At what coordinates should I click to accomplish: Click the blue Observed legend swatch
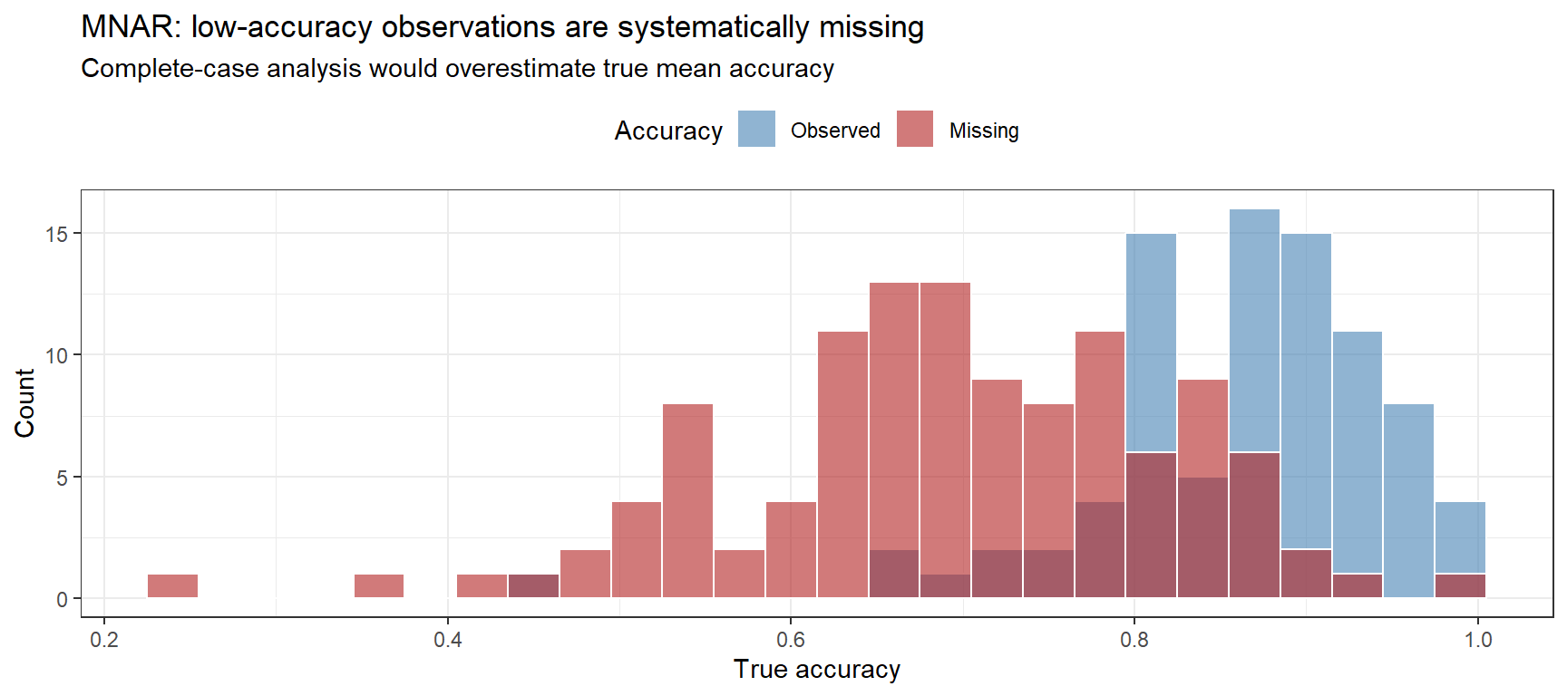[756, 129]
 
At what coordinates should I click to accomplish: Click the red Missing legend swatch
[915, 129]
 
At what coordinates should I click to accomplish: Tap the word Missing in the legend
[984, 130]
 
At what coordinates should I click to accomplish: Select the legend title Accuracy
[668, 130]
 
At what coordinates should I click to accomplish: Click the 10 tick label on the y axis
[56, 355]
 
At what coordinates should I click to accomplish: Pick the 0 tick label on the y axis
[62, 599]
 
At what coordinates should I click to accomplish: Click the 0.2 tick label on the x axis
[104, 640]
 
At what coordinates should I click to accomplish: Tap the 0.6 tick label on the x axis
[791, 640]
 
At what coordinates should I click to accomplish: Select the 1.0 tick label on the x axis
[1478, 640]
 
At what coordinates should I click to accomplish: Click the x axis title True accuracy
[816, 669]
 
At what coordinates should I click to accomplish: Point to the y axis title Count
[24, 403]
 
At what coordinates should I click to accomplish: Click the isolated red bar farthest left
[172, 586]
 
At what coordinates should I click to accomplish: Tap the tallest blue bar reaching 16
[1254, 326]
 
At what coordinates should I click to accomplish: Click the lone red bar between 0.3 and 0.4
[379, 586]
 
